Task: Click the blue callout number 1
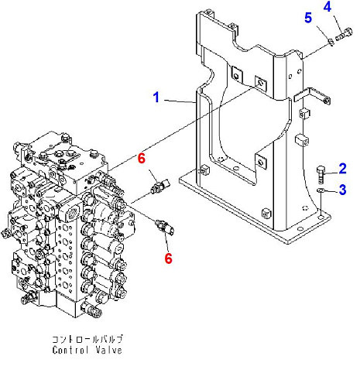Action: pos(156,98)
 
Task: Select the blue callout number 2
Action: pos(342,169)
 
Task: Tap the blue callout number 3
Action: pos(342,190)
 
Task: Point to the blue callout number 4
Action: pos(327,6)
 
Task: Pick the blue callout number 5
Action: pos(308,18)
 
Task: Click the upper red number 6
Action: pos(142,158)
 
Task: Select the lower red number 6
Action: pos(168,259)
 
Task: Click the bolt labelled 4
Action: pos(344,35)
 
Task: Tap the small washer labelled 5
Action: pos(331,42)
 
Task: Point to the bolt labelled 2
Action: pos(320,174)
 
